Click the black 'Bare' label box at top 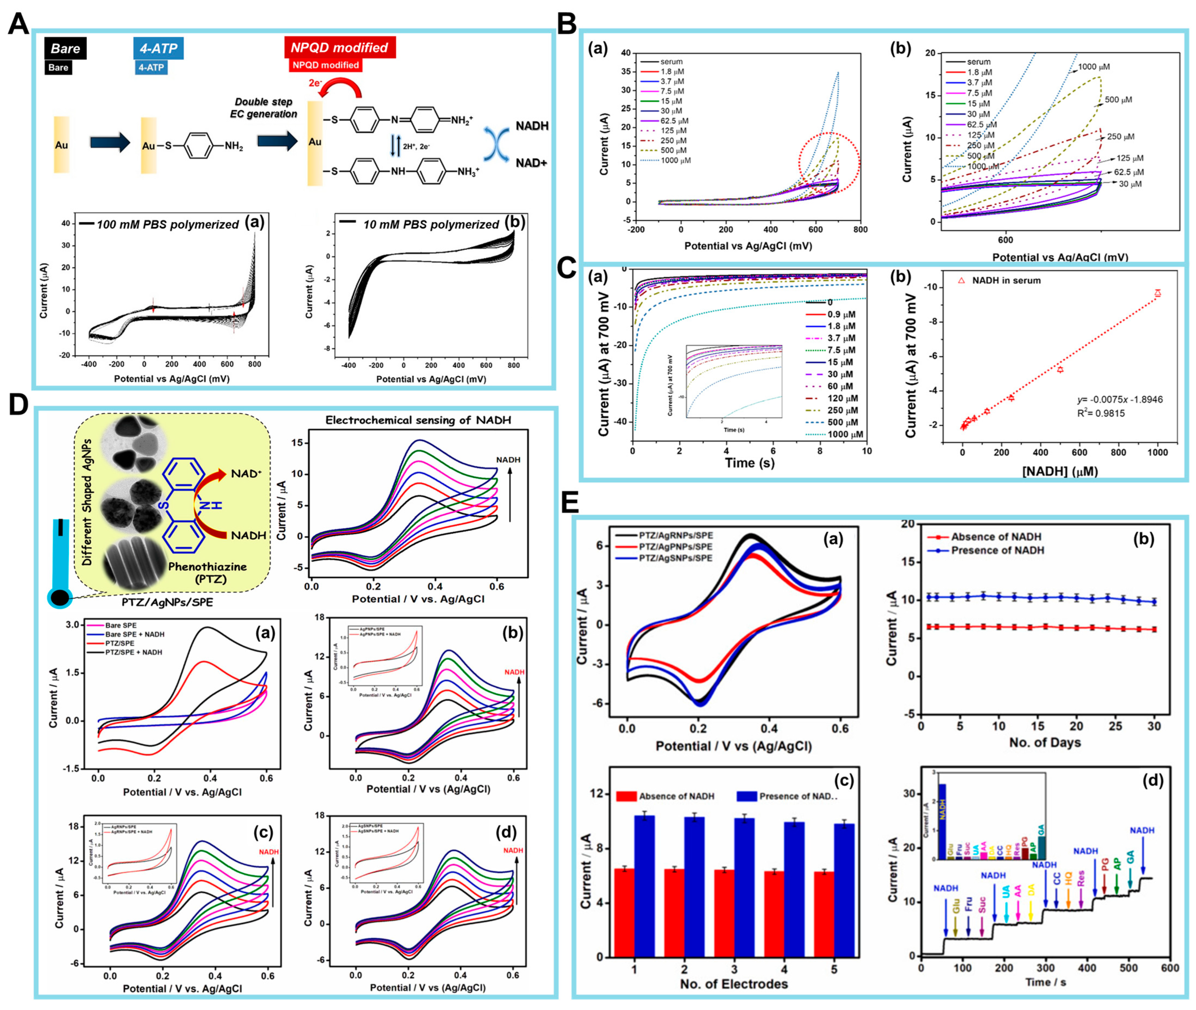click(x=65, y=49)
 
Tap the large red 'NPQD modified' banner click(x=340, y=48)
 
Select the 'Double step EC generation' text click(x=264, y=108)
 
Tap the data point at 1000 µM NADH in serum click(x=1157, y=293)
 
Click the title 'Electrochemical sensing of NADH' click(x=418, y=420)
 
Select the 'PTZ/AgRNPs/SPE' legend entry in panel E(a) click(x=675, y=536)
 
